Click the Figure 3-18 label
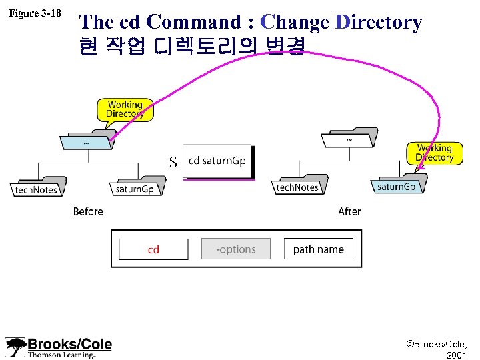point(33,13)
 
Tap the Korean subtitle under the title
point(192,46)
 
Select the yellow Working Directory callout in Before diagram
point(125,109)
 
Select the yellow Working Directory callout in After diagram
point(434,153)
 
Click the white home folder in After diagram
point(349,138)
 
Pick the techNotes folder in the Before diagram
point(37,186)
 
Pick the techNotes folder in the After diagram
point(297,184)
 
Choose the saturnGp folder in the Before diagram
point(135,186)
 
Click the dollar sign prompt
point(173,163)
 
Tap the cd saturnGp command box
point(218,161)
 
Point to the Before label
point(88,211)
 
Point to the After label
point(349,211)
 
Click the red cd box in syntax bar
point(153,249)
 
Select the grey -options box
point(236,249)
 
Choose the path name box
point(318,249)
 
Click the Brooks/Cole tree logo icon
point(15,347)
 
